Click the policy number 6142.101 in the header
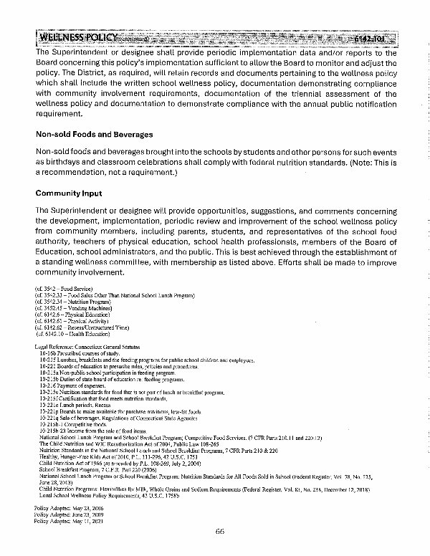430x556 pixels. point(371,37)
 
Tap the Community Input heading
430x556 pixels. point(70,193)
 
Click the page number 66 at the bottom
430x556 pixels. point(220,531)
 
